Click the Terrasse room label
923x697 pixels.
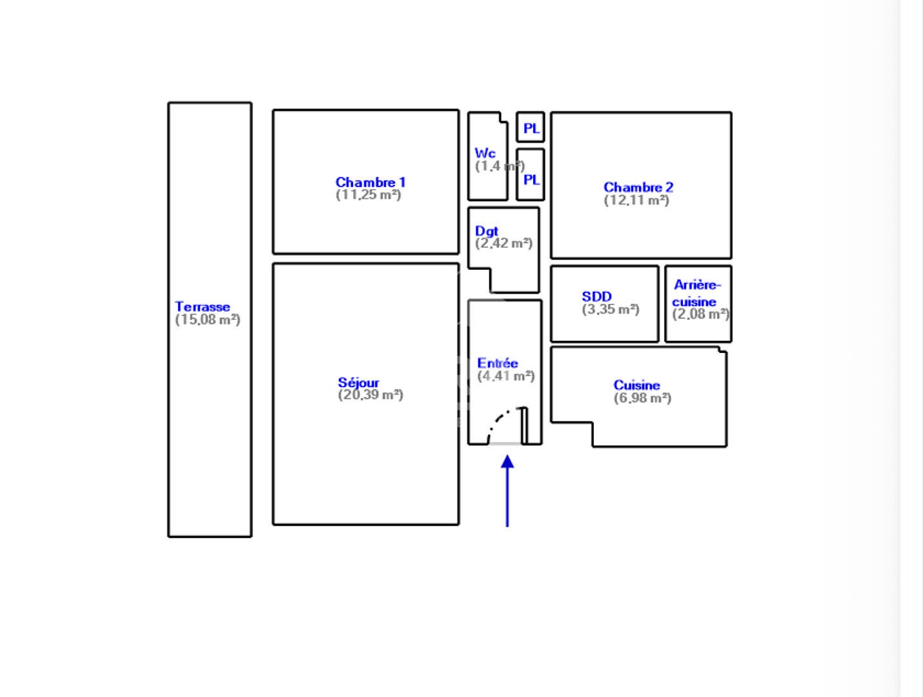coord(202,307)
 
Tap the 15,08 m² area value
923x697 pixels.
coord(207,319)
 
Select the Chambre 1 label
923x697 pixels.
coord(370,182)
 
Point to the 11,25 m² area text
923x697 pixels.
coord(368,195)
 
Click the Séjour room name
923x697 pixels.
coord(358,383)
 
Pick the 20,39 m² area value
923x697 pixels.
coord(370,395)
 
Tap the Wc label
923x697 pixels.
coord(485,153)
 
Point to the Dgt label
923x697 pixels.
coord(486,231)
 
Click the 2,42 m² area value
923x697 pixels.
coord(503,243)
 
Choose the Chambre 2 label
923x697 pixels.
coord(638,187)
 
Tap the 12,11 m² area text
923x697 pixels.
coord(636,200)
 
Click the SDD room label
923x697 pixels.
coord(596,296)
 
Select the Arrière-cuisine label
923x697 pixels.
coord(696,294)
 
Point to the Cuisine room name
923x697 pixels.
coord(636,385)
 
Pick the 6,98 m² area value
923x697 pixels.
coord(642,398)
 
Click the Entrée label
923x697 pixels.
coord(498,363)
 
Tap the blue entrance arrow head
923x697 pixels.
coord(507,461)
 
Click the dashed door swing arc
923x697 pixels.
coord(499,419)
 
